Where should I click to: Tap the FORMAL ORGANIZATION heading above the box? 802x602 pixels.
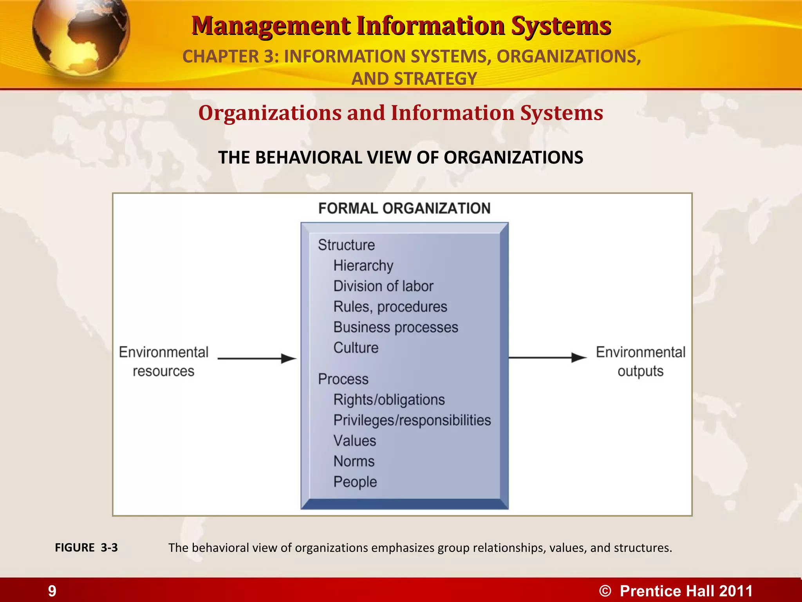pyautogui.click(x=404, y=209)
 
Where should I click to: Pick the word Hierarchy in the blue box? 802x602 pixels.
pyautogui.click(x=363, y=266)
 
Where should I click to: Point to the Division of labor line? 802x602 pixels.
pyautogui.click(x=383, y=286)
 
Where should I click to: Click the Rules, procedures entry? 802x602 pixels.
pyautogui.click(x=390, y=307)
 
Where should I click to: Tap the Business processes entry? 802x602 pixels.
pyautogui.click(x=396, y=327)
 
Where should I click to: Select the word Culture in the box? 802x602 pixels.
pyautogui.click(x=356, y=348)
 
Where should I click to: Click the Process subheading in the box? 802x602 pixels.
pyautogui.click(x=343, y=379)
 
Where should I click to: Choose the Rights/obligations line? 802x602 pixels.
pyautogui.click(x=389, y=400)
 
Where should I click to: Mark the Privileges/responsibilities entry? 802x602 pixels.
pyautogui.click(x=412, y=420)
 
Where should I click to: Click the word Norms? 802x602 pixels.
pyautogui.click(x=354, y=461)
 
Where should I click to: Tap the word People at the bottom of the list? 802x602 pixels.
pyautogui.click(x=355, y=482)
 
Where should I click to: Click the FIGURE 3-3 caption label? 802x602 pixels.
pyautogui.click(x=86, y=548)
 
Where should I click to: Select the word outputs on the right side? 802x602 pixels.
pyautogui.click(x=640, y=371)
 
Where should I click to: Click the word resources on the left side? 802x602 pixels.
pyautogui.click(x=163, y=371)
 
